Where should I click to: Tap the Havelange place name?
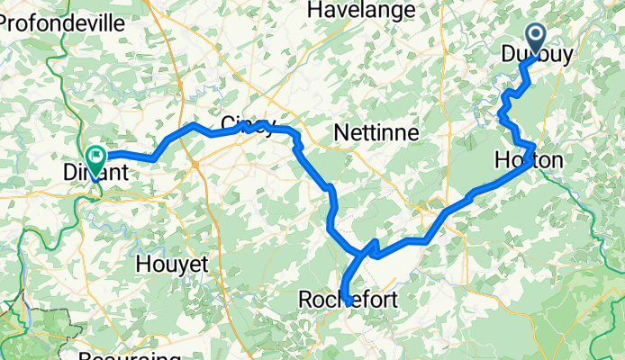(361, 10)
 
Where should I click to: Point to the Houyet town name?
(171, 265)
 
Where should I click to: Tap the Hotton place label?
(529, 161)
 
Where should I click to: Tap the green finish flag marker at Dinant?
(95, 157)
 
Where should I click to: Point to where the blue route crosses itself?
(368, 249)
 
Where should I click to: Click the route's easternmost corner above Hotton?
(535, 146)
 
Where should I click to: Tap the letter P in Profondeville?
(6, 23)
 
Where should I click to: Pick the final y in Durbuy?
(567, 56)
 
